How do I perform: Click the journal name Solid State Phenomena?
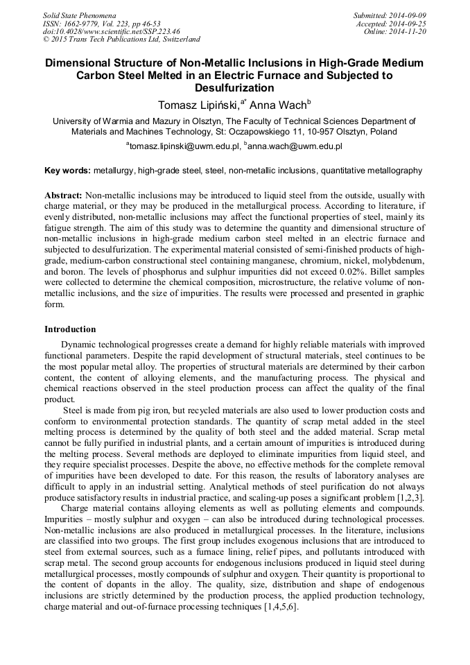click(x=79, y=15)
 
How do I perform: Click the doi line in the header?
click(x=111, y=32)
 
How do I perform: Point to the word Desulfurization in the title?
click(x=234, y=88)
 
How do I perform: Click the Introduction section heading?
click(x=70, y=329)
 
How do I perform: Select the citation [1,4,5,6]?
click(x=277, y=605)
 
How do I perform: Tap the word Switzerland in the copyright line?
click(x=177, y=40)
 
